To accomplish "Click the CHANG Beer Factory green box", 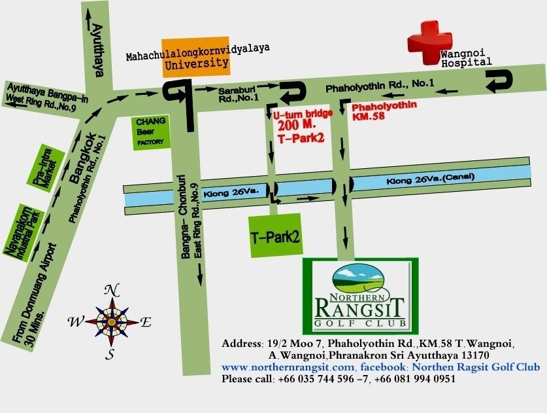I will point(151,134).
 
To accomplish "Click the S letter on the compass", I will point(110,355).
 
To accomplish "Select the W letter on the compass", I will point(75,322).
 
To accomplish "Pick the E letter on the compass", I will point(146,322).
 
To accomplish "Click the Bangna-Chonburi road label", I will point(186,220).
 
